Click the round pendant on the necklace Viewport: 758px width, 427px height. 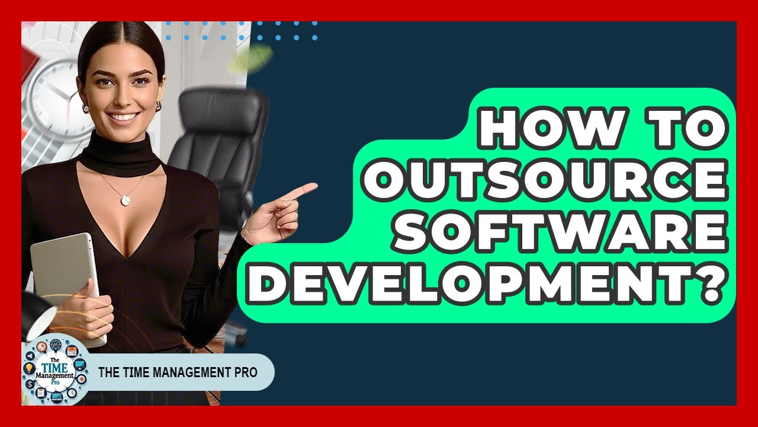coord(126,200)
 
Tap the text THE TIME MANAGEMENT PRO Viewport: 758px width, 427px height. coord(177,372)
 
